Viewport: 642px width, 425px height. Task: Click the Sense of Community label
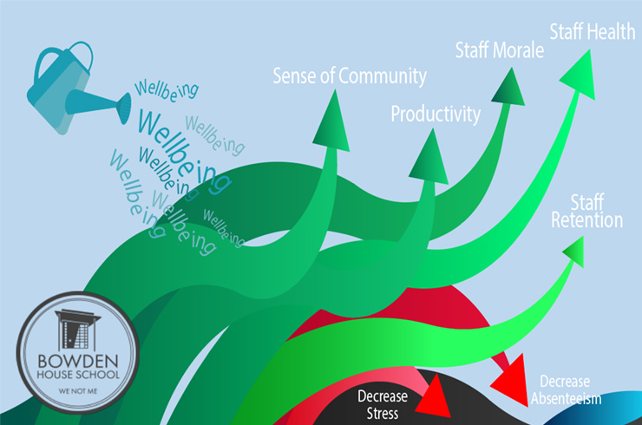click(x=350, y=76)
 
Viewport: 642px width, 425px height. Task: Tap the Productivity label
click(x=435, y=114)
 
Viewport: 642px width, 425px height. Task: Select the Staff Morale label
click(x=499, y=49)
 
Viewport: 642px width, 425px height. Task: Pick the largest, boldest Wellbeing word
click(x=174, y=139)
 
